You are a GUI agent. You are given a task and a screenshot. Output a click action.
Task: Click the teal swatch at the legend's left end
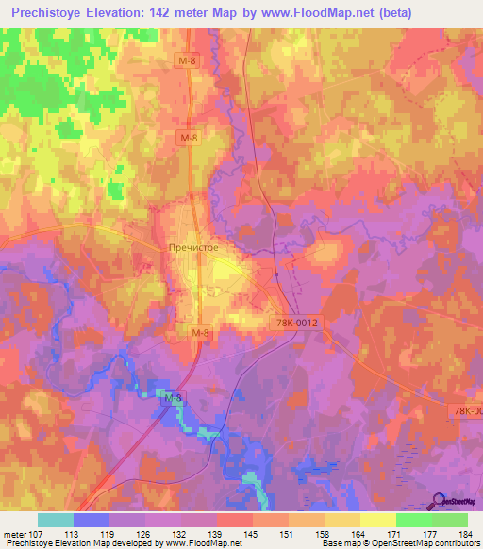(x=56, y=520)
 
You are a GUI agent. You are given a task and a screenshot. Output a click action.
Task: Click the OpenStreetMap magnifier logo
(x=440, y=500)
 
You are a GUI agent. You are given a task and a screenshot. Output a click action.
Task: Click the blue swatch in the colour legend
(x=92, y=520)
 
